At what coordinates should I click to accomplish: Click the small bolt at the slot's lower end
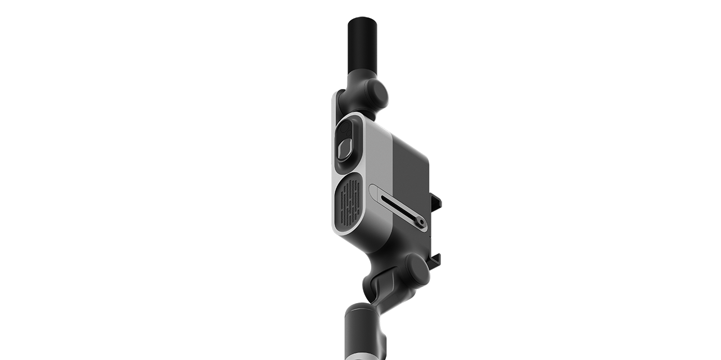pos(419,223)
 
